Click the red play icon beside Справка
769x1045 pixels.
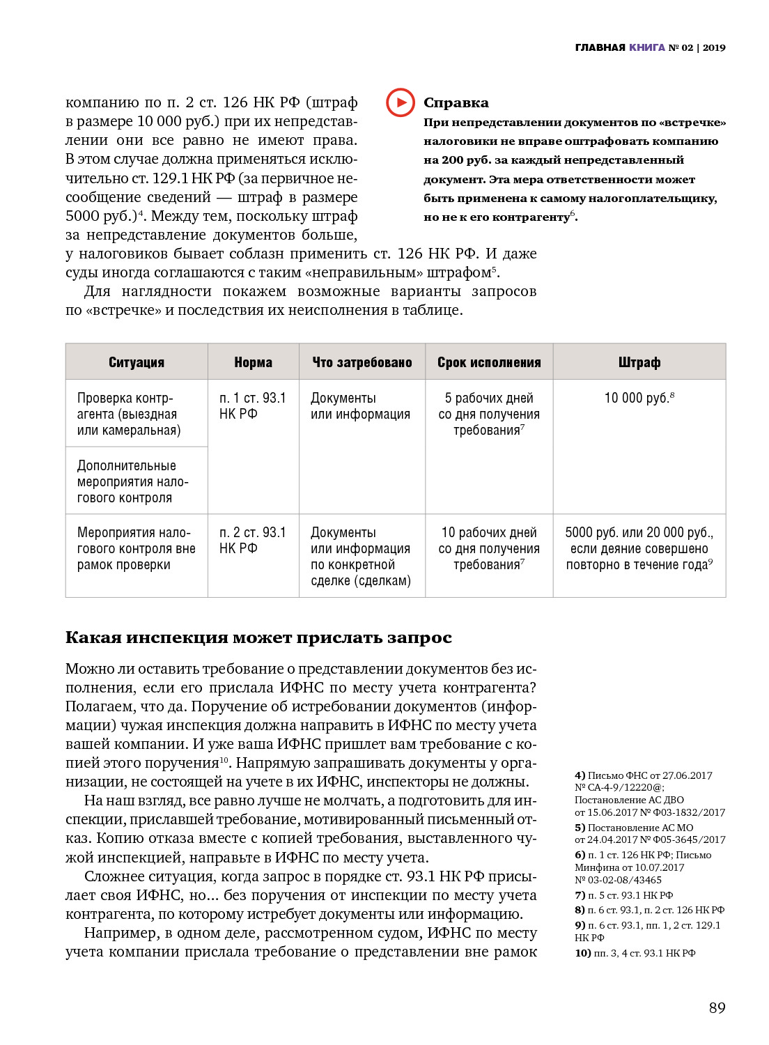[401, 102]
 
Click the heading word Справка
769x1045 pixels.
[456, 103]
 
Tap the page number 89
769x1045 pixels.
[717, 1007]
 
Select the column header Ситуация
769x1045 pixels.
[137, 362]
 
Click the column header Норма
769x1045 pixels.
[254, 362]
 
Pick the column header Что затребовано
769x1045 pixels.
[362, 362]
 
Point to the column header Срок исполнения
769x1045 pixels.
[489, 362]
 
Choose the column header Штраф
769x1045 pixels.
[639, 362]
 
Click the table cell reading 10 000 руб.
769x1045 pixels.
[637, 398]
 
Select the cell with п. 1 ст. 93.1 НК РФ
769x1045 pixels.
[253, 406]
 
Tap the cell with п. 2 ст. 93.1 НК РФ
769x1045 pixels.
[253, 541]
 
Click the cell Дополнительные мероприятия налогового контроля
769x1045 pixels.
[132, 481]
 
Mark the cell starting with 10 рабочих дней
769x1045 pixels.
[489, 548]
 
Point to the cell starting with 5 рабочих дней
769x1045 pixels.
[489, 414]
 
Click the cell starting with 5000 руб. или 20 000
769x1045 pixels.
[639, 548]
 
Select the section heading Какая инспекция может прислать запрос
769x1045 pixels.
[258, 637]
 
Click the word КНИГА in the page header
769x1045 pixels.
[647, 47]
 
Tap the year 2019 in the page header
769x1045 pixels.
[714, 47]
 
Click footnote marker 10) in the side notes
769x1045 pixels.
[583, 953]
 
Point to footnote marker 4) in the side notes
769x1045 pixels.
[580, 775]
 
